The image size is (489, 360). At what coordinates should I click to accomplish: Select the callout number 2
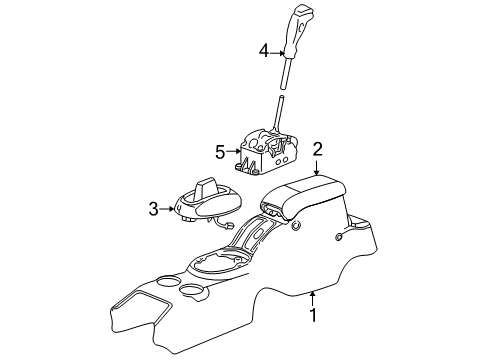point(317,150)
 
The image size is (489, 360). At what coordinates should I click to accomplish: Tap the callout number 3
point(153,208)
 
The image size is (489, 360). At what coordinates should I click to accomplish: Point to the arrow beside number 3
point(169,208)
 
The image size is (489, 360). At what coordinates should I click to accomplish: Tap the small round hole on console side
point(339,238)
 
